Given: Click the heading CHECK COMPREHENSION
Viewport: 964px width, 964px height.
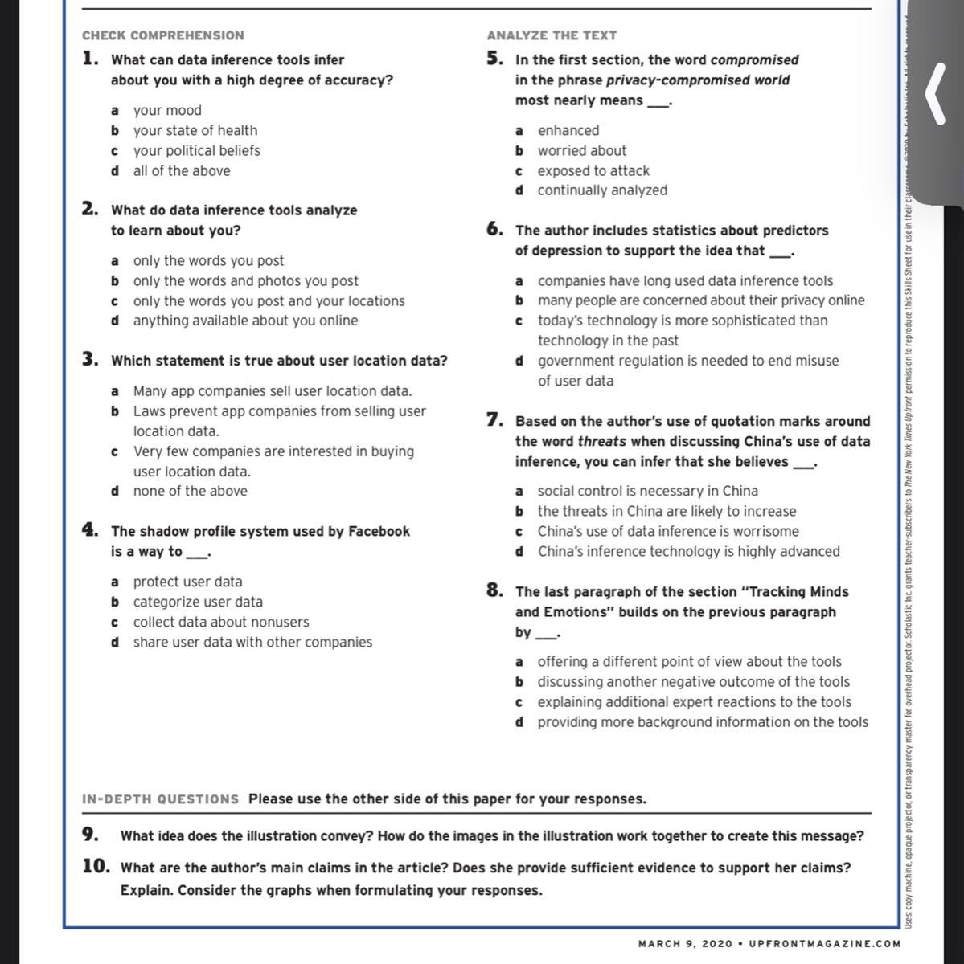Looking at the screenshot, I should point(162,35).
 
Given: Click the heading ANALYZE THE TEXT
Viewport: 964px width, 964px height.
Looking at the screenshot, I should point(552,35).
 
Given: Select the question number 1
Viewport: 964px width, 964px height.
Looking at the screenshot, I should point(90,59).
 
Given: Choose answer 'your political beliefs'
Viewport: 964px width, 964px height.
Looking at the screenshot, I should point(196,150).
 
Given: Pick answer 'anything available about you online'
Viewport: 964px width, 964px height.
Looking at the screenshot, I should point(245,321).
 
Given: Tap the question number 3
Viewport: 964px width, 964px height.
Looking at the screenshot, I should point(90,360).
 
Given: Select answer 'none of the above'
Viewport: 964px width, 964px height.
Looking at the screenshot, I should point(190,491).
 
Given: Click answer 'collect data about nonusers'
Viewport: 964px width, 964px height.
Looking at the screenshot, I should point(220,622).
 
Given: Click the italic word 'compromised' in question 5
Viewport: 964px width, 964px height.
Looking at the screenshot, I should point(754,60).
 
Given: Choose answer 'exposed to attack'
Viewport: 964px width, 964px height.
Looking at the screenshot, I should point(593,170).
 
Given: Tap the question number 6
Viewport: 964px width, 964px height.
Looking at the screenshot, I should point(494,230).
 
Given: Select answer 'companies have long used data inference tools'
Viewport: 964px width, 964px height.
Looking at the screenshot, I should point(685,280).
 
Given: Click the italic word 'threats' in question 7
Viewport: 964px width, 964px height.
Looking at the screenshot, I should point(602,441).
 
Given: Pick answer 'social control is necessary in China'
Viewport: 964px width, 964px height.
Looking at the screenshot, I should point(647,491).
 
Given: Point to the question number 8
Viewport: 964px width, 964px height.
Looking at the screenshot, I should point(494,591).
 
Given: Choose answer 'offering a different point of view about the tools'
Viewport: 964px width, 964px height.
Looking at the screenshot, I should point(689,661).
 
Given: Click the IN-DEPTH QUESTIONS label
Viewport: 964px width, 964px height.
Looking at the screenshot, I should point(160,799).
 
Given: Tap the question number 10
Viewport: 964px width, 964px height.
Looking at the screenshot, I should point(96,867).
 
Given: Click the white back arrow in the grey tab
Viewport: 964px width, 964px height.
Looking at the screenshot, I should point(934,94).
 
